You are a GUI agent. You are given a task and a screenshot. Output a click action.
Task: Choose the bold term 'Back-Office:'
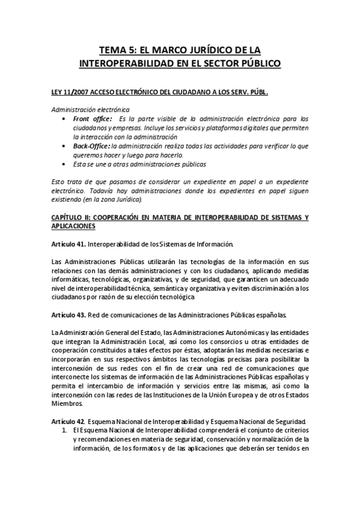click(91, 146)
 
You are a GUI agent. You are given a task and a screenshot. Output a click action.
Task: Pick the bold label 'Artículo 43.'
click(69, 315)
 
